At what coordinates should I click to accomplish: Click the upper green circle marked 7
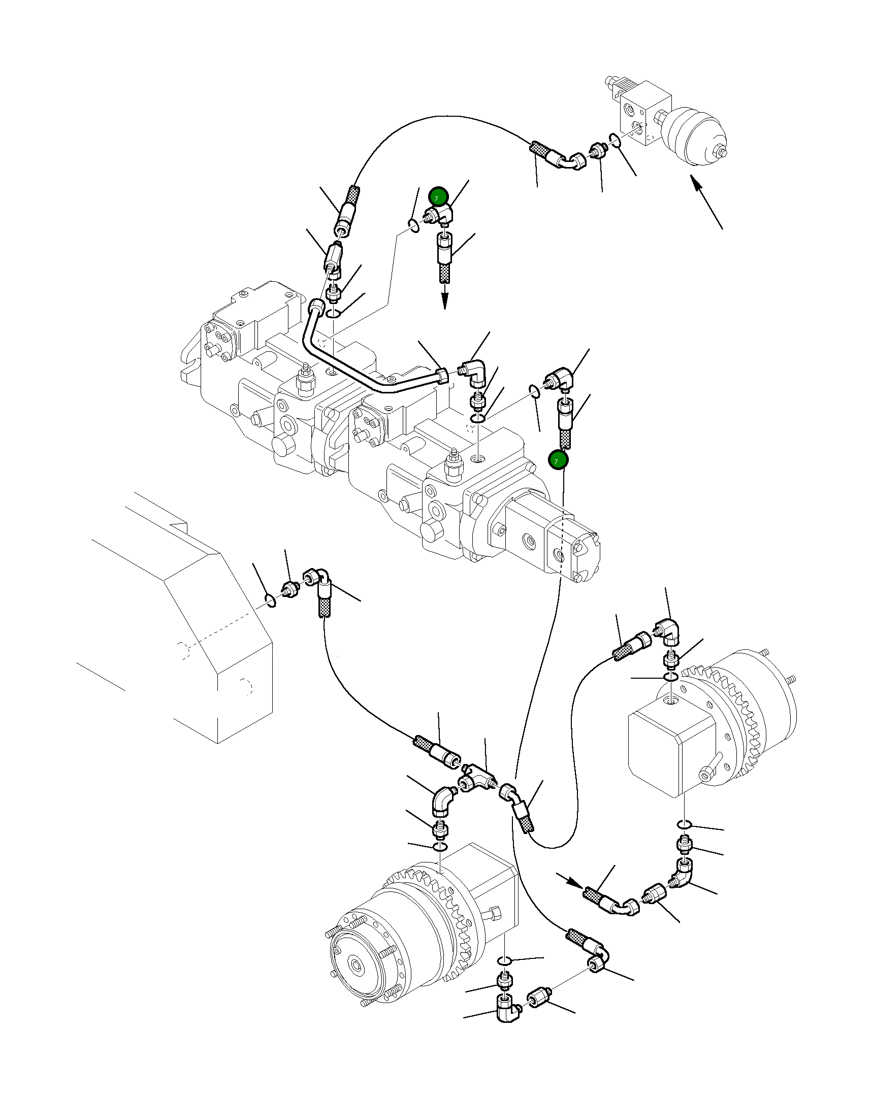point(438,197)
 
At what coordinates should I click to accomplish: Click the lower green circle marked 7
point(558,460)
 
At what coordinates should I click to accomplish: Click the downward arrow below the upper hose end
point(446,298)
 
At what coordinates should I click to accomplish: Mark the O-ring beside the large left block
point(270,600)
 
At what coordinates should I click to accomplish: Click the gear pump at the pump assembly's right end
point(571,551)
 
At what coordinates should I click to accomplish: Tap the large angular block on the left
point(204,637)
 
